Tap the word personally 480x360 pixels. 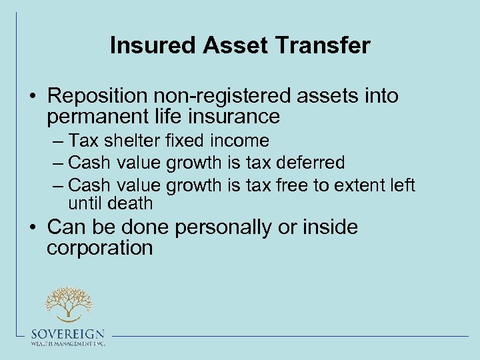click(x=223, y=227)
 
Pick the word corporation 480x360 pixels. click(x=100, y=248)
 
